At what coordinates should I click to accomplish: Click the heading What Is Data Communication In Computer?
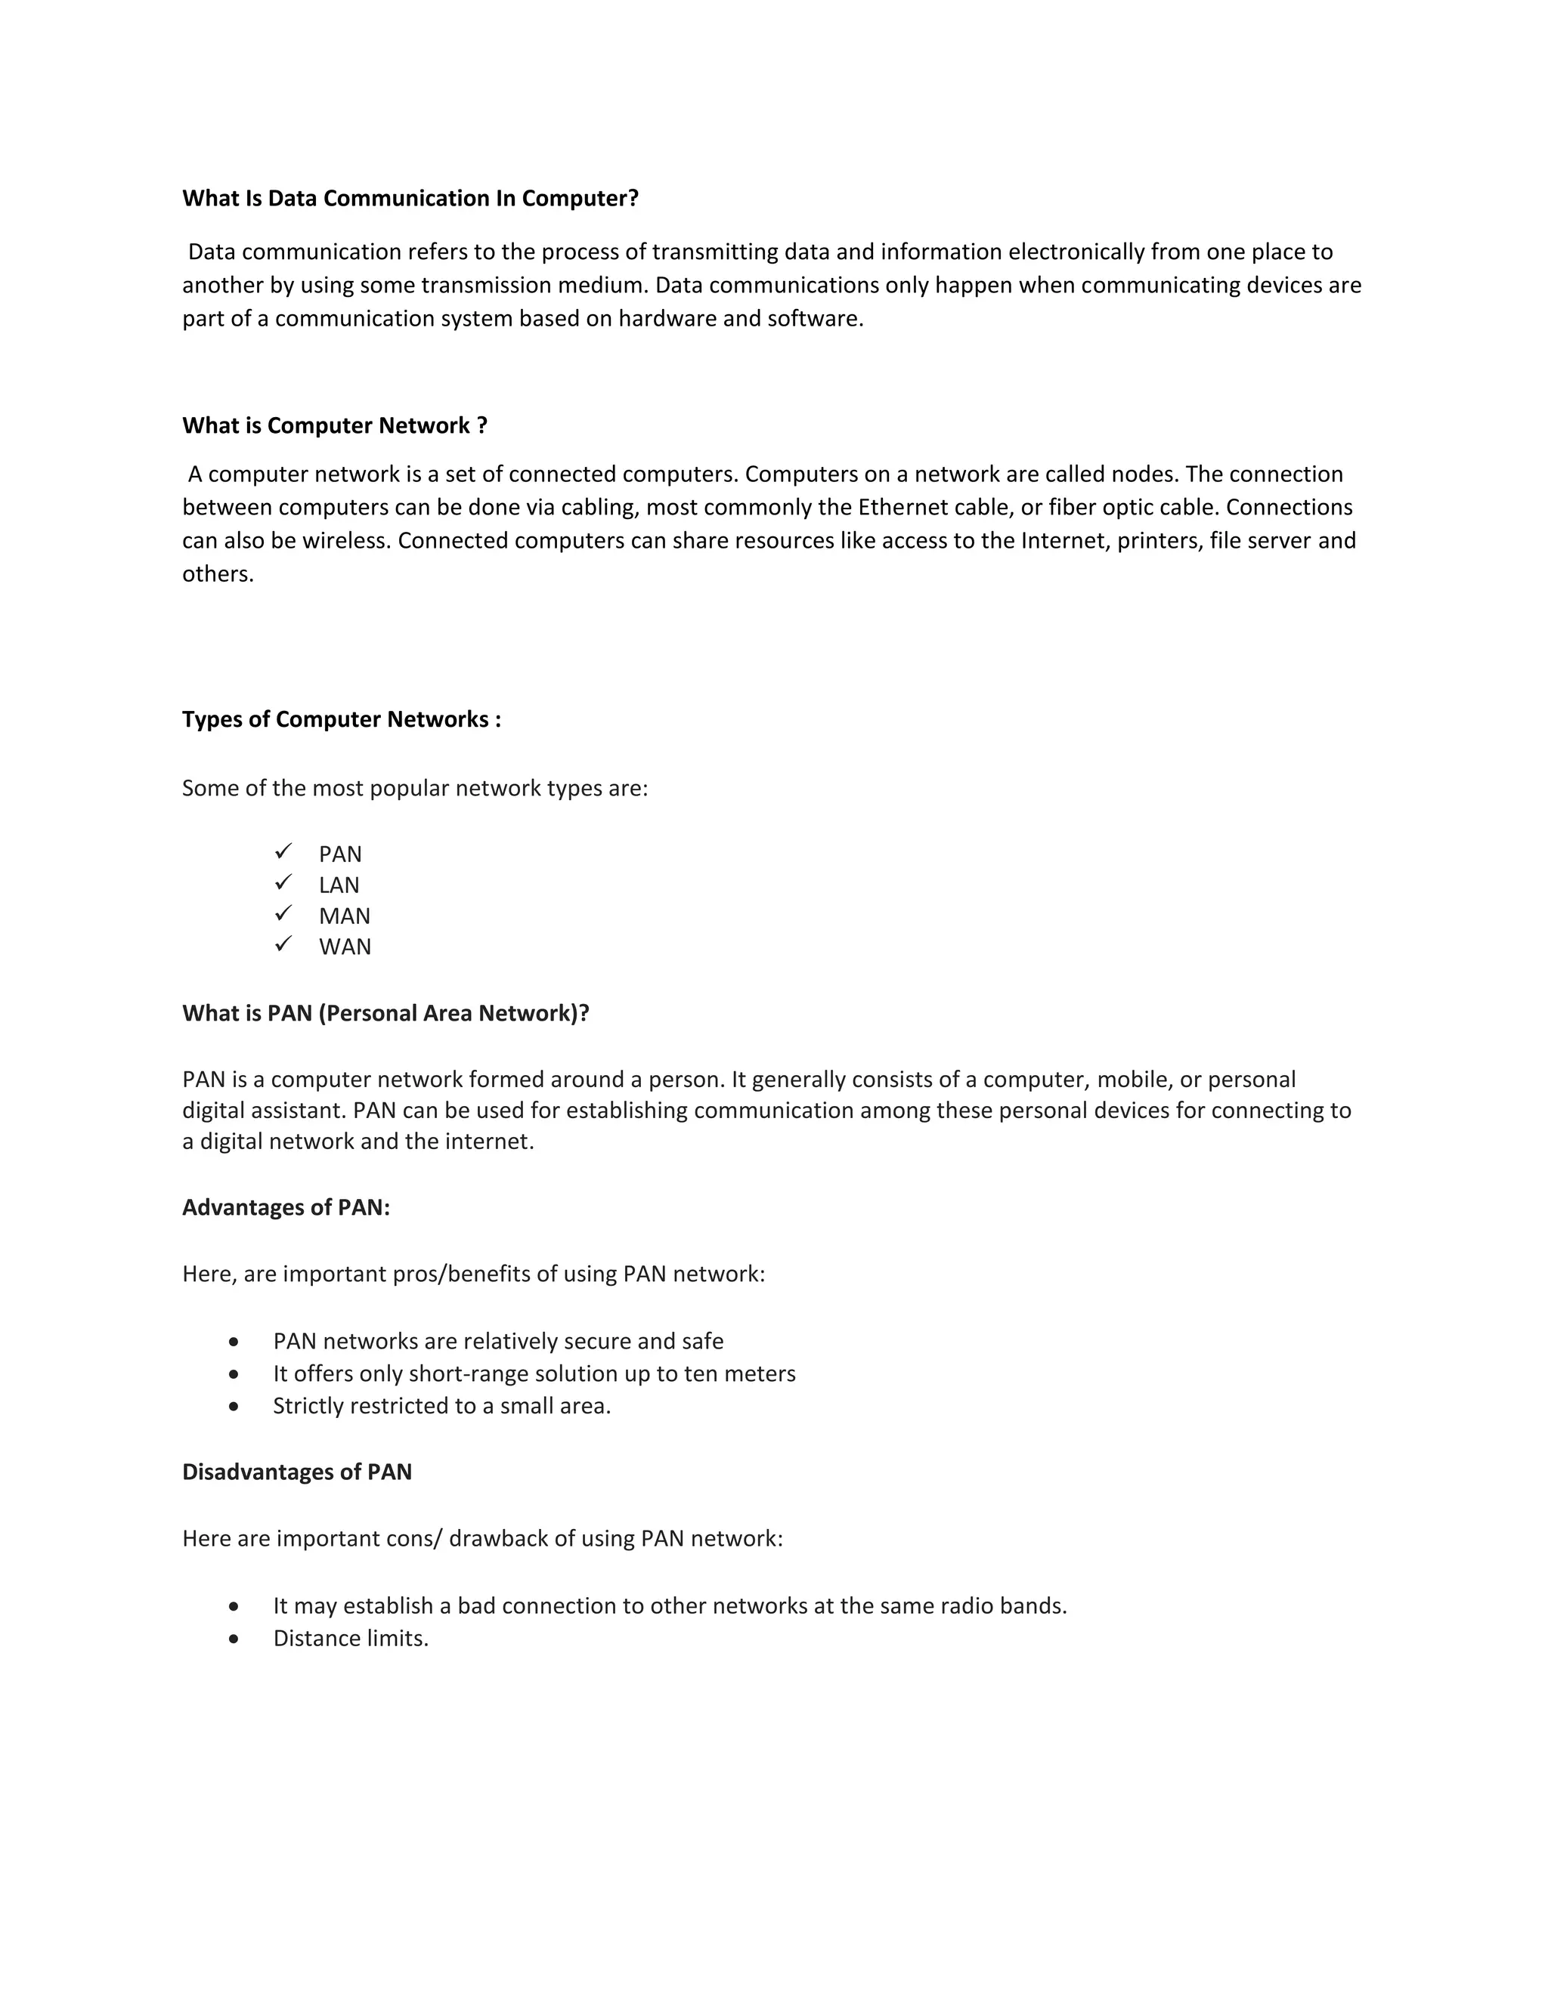pos(410,198)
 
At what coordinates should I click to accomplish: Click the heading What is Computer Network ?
pos(335,425)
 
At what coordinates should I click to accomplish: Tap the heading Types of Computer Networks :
pos(341,718)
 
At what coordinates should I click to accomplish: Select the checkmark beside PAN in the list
pos(283,851)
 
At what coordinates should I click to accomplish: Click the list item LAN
pos(339,885)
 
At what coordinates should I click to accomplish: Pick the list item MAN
pos(345,916)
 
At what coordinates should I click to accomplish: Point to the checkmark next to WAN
pos(283,944)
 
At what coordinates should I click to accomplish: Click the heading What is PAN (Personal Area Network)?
pos(385,1013)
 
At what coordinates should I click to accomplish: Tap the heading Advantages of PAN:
pos(286,1207)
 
